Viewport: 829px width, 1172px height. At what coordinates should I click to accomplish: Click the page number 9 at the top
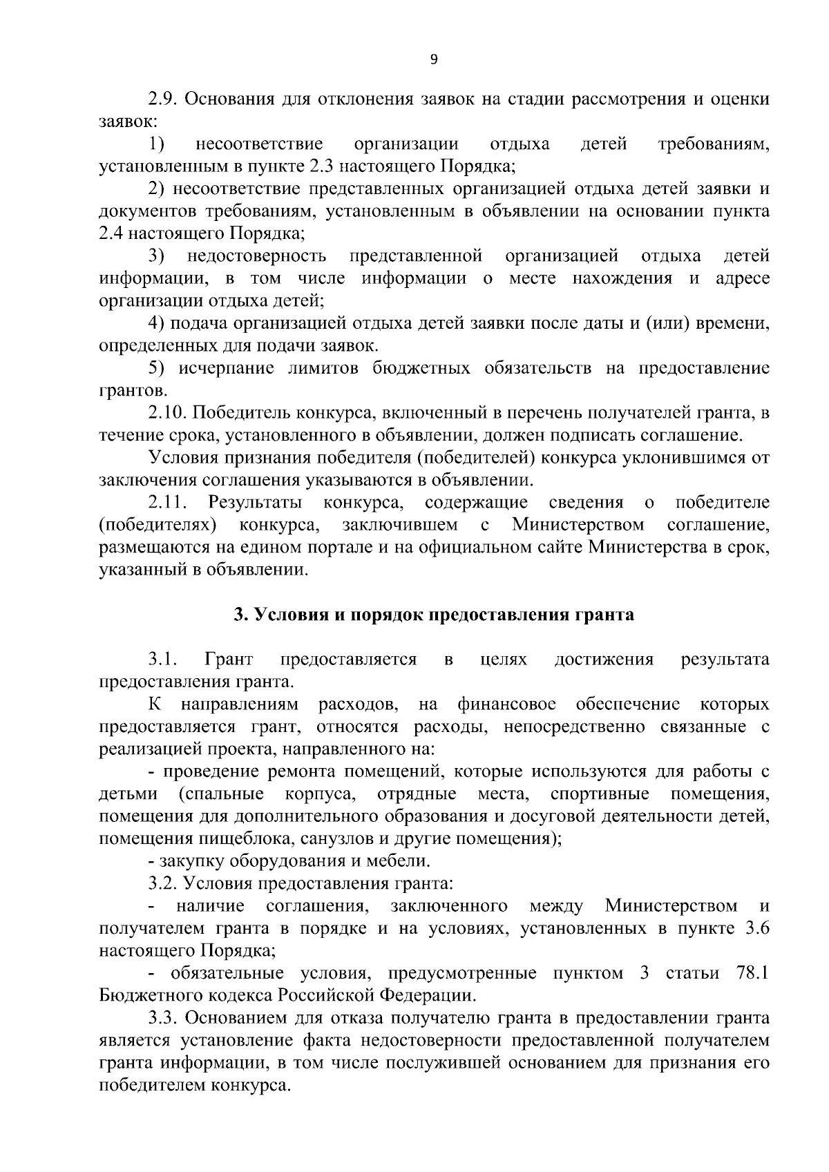coord(433,60)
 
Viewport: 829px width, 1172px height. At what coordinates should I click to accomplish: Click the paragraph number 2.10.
coord(167,413)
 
